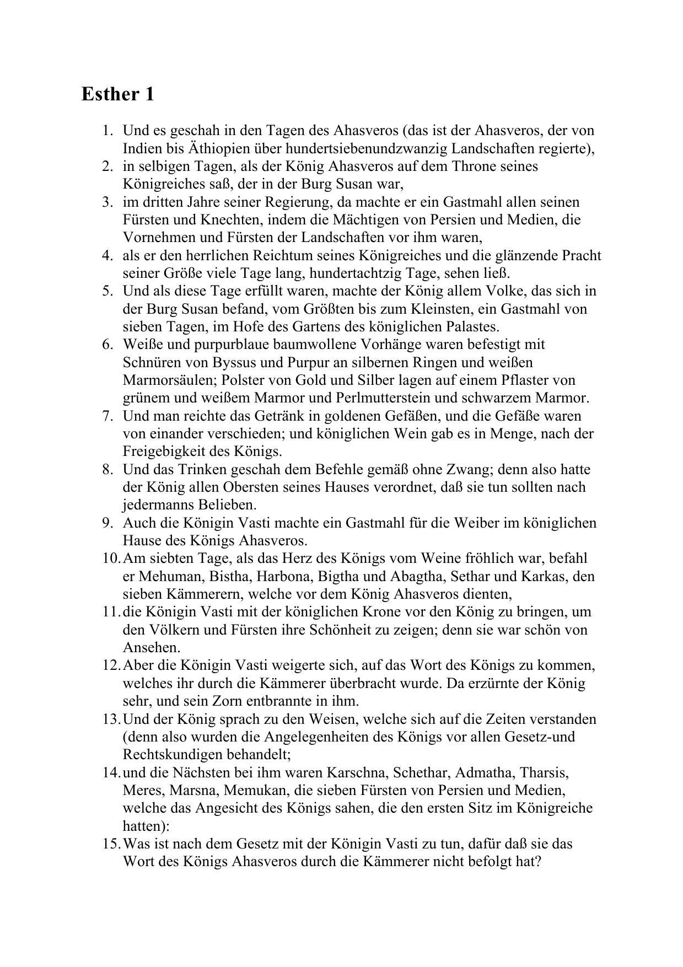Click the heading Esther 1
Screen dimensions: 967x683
click(117, 94)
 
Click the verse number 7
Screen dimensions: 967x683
click(107, 416)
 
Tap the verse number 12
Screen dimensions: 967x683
click(111, 665)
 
